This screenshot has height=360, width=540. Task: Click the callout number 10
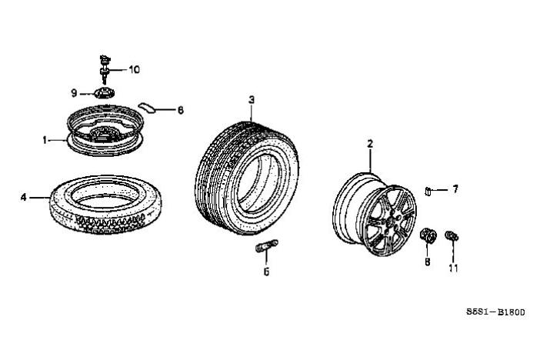135,69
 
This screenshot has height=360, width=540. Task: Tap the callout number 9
74,93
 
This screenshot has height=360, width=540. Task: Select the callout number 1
45,140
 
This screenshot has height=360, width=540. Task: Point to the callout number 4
23,198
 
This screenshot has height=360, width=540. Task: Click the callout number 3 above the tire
252,100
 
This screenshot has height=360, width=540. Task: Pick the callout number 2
370,144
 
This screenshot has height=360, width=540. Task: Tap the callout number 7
455,188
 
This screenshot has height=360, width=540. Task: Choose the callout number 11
454,268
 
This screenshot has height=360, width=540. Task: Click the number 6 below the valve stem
266,272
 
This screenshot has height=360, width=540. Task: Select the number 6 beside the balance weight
181,110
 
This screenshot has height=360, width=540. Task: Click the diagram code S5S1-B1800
495,312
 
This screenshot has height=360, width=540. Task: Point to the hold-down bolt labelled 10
105,69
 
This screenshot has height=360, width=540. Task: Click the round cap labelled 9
104,93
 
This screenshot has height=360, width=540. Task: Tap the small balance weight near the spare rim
147,107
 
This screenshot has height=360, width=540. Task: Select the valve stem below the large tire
267,246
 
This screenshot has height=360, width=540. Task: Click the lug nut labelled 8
428,235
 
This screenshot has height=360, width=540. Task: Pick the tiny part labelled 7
428,191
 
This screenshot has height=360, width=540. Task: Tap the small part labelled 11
452,236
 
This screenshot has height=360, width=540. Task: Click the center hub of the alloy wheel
392,222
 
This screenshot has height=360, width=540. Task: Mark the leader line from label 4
39,198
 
